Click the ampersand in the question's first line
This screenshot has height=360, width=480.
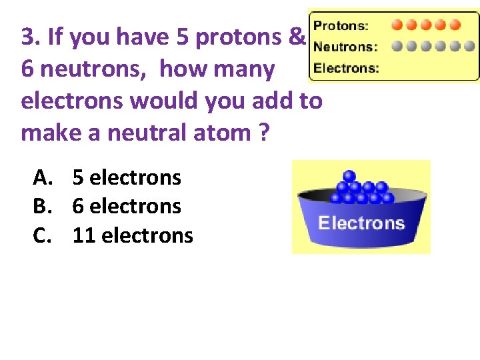point(297,37)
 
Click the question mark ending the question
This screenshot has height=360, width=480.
point(263,133)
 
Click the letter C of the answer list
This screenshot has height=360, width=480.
point(41,235)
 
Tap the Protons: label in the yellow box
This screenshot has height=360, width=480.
point(341,26)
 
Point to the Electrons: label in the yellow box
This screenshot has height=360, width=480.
point(347,67)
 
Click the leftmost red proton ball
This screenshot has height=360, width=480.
point(397,25)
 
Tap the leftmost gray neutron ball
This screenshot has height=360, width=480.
point(397,47)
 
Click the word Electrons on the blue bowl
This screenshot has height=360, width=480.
point(361,223)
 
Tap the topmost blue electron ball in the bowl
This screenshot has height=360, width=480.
point(347,177)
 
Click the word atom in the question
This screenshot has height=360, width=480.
point(221,133)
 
